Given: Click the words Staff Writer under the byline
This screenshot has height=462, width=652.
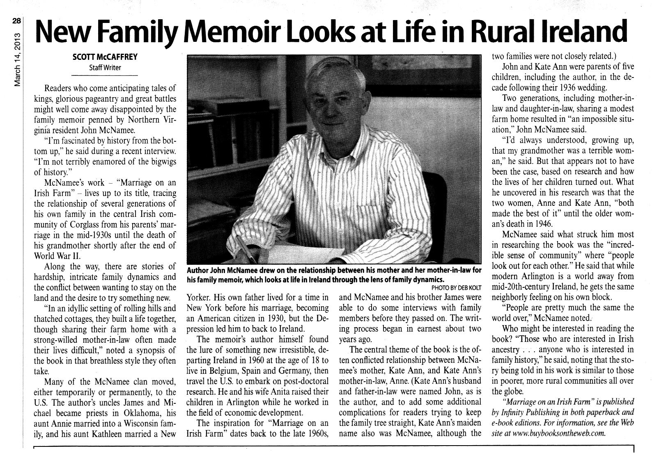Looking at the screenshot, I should (x=105, y=68).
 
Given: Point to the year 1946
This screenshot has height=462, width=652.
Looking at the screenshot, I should (x=542, y=224).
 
